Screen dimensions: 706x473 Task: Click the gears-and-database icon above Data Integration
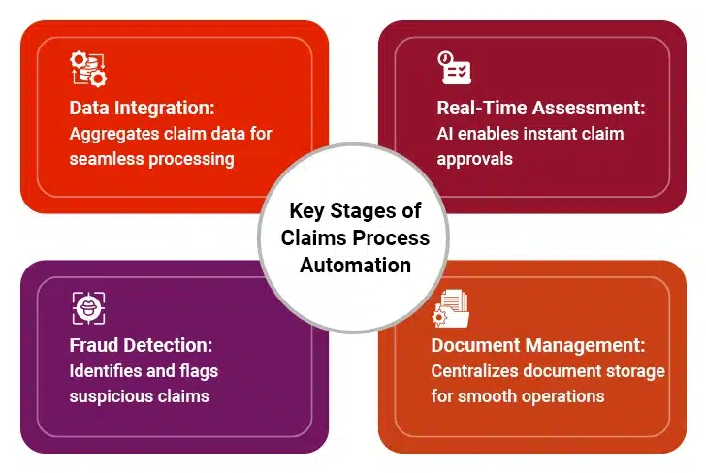88,69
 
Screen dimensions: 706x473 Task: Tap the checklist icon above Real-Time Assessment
454,68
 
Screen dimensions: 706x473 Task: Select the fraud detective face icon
88,308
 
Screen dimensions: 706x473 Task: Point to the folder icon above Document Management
450,308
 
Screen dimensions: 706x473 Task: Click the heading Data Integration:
142,108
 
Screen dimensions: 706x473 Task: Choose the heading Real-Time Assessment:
541,108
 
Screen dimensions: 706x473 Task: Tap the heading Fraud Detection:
141,345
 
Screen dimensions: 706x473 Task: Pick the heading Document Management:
538,345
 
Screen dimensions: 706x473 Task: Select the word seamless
107,159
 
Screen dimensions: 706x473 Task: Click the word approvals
474,160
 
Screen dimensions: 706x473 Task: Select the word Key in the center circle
306,211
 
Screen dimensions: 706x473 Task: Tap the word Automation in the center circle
355,265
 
